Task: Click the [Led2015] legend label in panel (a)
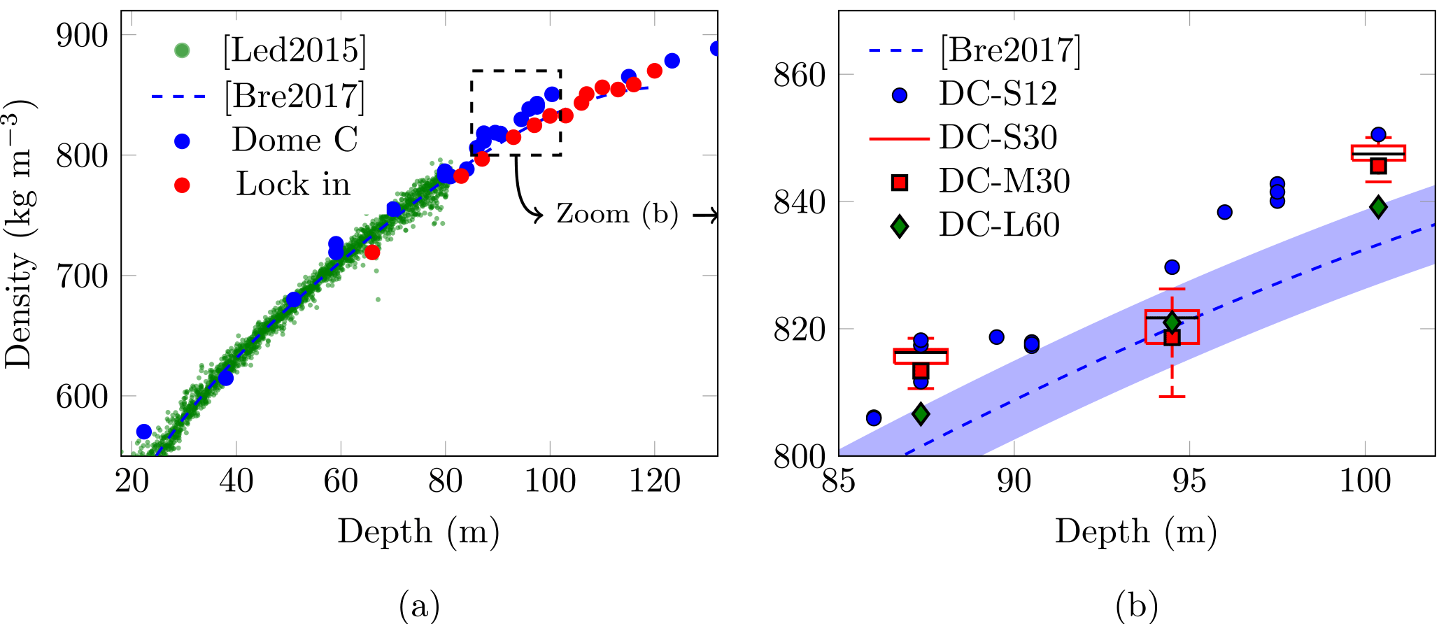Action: pos(295,50)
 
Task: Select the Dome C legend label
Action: pos(295,139)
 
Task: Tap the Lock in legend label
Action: pos(293,184)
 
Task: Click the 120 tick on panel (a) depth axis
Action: pos(654,481)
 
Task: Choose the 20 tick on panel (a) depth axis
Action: pos(132,481)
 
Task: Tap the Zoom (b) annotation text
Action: pos(617,214)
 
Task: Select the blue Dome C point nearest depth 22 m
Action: pos(144,431)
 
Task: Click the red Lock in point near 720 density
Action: pos(372,252)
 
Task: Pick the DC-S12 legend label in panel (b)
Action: pos(998,94)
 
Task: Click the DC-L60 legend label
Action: pos(999,225)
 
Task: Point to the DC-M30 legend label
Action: pos(1004,181)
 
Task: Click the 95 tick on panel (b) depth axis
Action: pos(1189,481)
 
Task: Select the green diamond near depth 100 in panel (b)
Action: pos(1378,206)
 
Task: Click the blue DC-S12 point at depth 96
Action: pos(1224,212)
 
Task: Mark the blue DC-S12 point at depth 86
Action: pos(874,418)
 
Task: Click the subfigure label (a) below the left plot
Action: pos(419,606)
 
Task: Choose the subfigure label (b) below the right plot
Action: pos(1137,606)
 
